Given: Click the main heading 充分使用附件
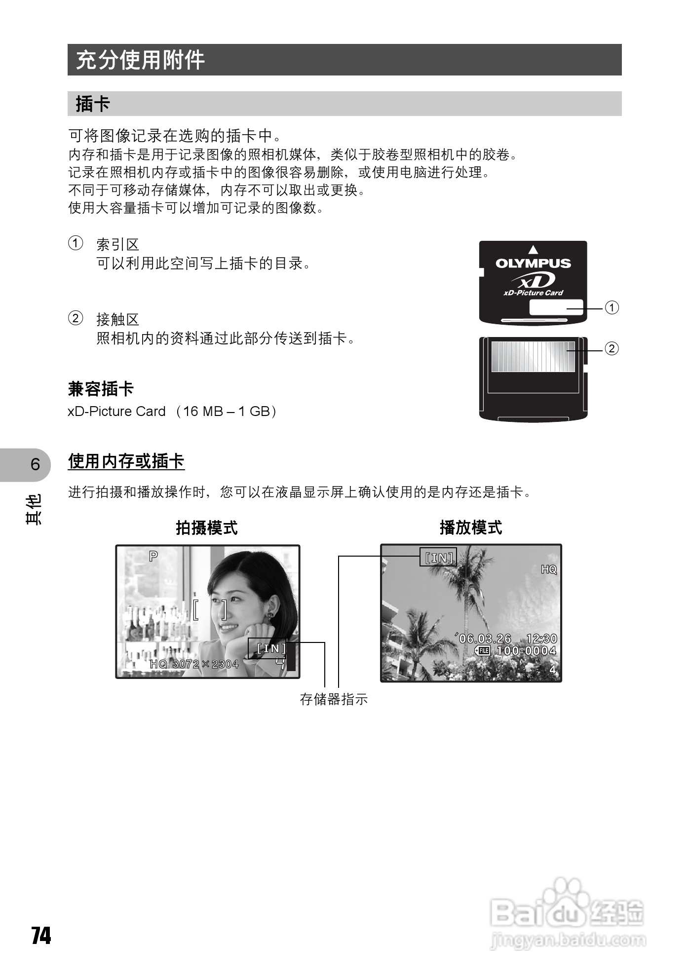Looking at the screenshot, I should [x=140, y=60].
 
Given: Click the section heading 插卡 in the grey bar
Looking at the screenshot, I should [x=93, y=104].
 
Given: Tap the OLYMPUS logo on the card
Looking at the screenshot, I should [x=533, y=263].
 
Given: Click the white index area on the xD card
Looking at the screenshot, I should [x=555, y=307].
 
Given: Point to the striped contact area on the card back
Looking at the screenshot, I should [x=533, y=356].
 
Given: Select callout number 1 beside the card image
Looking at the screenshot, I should [x=612, y=308].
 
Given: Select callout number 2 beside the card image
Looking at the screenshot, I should [x=612, y=349].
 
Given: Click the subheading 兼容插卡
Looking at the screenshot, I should [x=101, y=389].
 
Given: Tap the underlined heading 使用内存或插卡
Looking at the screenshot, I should [x=126, y=461].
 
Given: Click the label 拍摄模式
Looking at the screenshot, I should [x=207, y=527].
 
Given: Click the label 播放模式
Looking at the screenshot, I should [x=470, y=527].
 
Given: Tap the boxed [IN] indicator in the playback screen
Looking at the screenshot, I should [x=438, y=558].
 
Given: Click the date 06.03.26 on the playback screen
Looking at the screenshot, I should [x=485, y=639].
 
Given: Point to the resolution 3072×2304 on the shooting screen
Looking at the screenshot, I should [x=205, y=664].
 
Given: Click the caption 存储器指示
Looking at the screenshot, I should [x=334, y=699].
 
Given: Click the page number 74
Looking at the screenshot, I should [x=41, y=935].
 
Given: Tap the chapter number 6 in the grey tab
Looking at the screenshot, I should [x=35, y=464].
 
